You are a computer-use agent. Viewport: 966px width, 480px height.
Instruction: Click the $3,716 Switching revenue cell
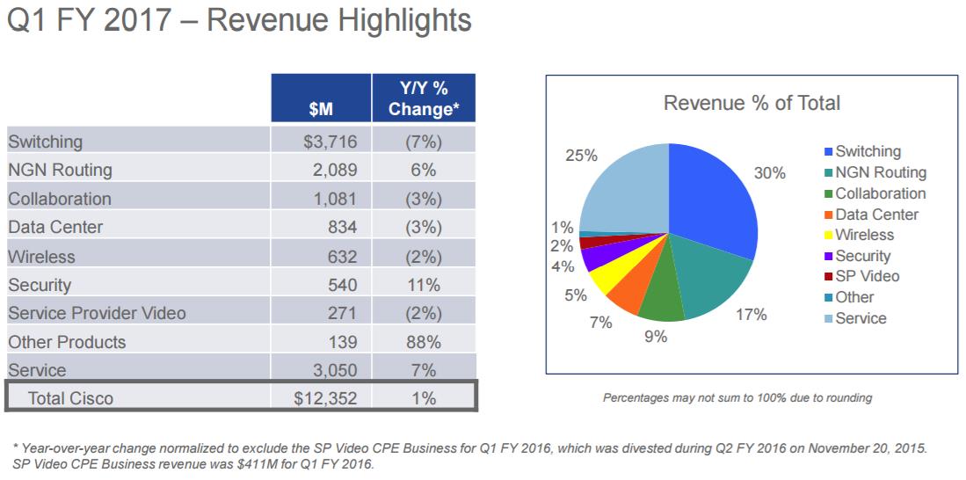click(326, 142)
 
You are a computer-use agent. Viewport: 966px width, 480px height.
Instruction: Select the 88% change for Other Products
click(424, 342)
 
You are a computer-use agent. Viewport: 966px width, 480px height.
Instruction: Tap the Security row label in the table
click(40, 285)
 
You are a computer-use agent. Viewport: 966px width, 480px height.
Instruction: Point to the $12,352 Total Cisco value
click(325, 398)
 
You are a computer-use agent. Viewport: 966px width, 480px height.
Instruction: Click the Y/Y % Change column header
click(424, 98)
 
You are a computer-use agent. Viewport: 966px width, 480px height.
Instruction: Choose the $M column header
click(321, 110)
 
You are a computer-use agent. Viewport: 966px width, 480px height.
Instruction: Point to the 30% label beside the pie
click(770, 173)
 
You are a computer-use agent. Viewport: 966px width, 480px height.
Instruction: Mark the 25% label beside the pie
click(581, 156)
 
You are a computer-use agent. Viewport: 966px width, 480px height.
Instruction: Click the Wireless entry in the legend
click(864, 235)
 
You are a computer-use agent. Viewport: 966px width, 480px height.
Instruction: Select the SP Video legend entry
click(867, 276)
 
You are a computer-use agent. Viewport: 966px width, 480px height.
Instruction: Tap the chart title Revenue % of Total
click(752, 103)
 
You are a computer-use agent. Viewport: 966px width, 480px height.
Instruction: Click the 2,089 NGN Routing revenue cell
click(334, 170)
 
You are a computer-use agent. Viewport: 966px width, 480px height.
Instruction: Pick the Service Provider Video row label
click(97, 313)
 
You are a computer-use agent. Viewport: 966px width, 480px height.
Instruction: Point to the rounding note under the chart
click(737, 398)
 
